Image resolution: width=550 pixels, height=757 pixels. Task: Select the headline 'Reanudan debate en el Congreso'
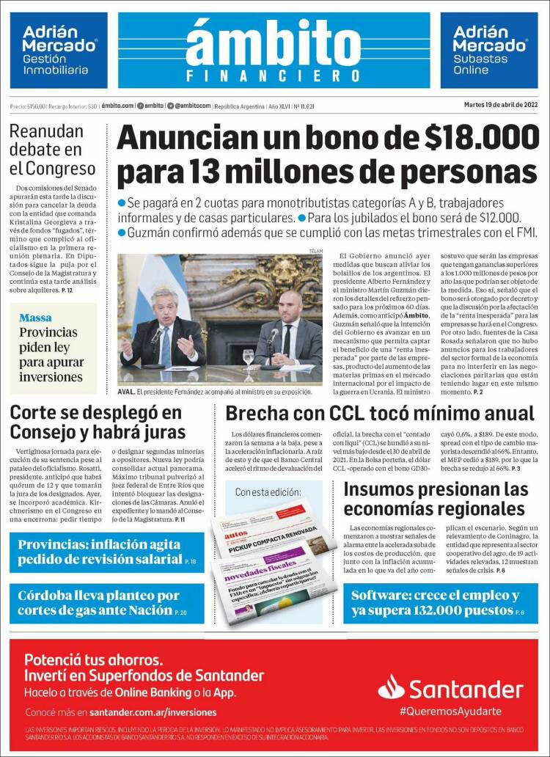[x=53, y=150]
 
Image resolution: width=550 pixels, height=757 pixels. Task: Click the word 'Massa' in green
[x=35, y=318]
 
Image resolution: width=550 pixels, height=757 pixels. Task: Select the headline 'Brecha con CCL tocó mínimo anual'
[x=379, y=414]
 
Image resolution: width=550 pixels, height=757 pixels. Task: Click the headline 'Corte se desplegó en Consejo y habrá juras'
[x=98, y=422]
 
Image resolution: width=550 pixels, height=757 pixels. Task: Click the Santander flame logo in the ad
[x=391, y=687]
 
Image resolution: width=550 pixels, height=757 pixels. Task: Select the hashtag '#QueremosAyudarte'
[x=450, y=712]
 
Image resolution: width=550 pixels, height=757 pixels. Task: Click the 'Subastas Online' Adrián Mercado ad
[x=489, y=50]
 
